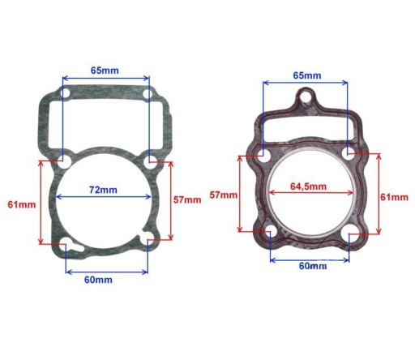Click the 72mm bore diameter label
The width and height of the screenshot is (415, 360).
point(103,190)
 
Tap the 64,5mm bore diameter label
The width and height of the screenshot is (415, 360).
point(308,186)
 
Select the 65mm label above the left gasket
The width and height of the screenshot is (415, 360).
point(105,71)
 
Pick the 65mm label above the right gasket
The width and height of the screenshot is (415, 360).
point(307,75)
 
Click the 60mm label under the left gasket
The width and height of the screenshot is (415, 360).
point(98,280)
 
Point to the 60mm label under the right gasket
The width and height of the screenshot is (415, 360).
point(313,266)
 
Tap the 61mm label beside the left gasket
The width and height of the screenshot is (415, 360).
point(22,204)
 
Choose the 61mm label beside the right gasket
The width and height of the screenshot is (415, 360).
point(395,197)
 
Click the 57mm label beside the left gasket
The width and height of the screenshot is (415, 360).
point(187,200)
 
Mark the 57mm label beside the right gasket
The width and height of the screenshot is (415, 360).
point(224,195)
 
